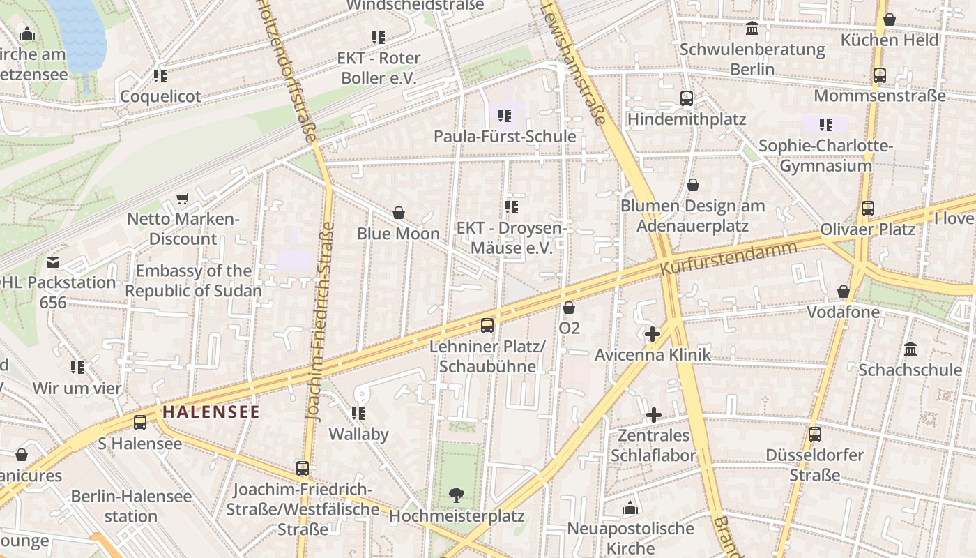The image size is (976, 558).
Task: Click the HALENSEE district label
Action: pyautogui.click(x=211, y=412)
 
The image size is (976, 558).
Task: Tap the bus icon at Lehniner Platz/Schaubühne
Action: pyautogui.click(x=487, y=325)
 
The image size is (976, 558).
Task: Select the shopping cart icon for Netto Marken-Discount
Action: pyautogui.click(x=183, y=199)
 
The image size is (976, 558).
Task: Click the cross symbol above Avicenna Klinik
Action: pyautogui.click(x=653, y=334)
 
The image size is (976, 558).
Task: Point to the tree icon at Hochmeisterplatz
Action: pyautogui.click(x=457, y=495)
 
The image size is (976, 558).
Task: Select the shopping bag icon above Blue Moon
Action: pyautogui.click(x=399, y=213)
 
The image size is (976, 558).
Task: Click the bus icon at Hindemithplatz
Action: pyautogui.click(x=687, y=98)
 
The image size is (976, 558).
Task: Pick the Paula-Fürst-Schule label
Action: pyautogui.click(x=505, y=136)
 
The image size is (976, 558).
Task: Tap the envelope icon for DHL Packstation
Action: pyautogui.click(x=53, y=262)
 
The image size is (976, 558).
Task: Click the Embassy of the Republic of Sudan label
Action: pyautogui.click(x=193, y=281)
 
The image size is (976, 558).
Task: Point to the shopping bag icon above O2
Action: pyautogui.click(x=569, y=308)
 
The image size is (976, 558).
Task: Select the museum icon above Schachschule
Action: pyautogui.click(x=910, y=349)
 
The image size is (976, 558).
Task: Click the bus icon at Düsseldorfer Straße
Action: pyautogui.click(x=815, y=435)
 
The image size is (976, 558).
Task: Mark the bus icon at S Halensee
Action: pyautogui.click(x=140, y=423)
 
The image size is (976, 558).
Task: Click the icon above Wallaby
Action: pyautogui.click(x=358, y=414)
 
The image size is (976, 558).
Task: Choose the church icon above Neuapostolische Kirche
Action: pyautogui.click(x=630, y=508)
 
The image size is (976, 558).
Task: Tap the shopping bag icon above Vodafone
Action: pyautogui.click(x=844, y=292)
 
